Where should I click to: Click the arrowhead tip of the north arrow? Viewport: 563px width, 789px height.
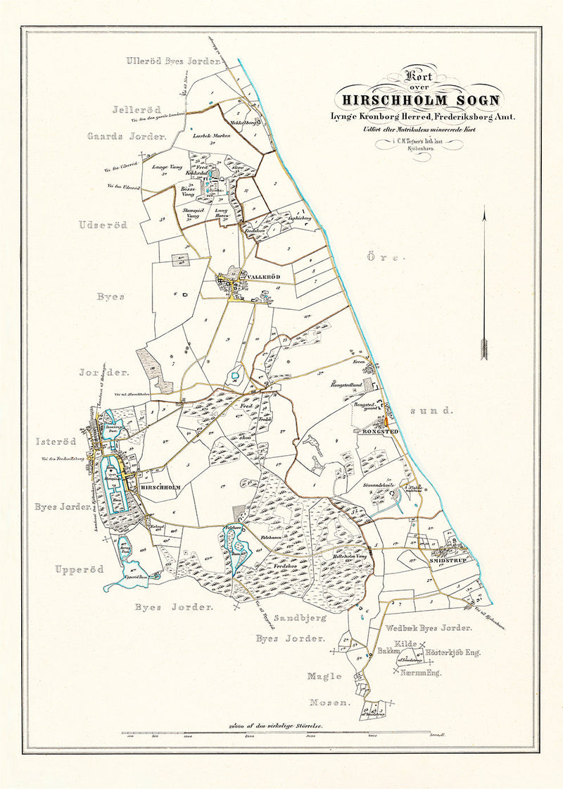484,209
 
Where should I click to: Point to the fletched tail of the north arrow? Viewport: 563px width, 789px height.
484,349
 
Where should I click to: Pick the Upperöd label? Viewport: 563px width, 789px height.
80,569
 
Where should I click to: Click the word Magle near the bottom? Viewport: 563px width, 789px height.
324,676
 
